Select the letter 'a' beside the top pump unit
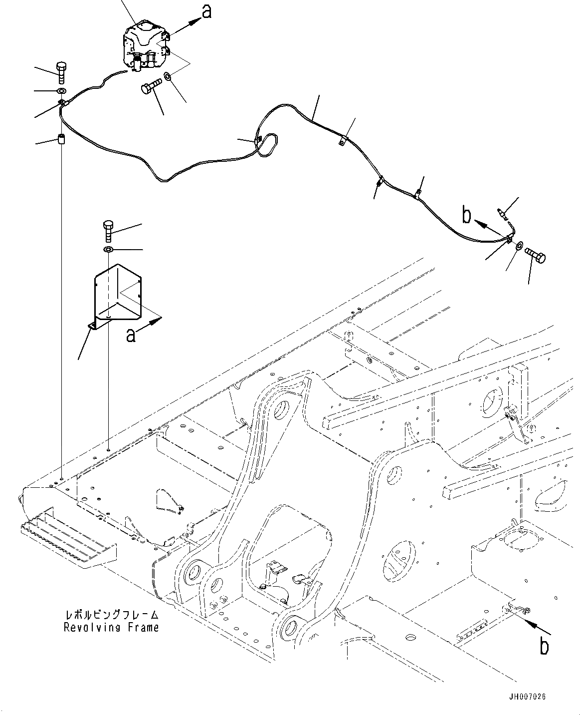click(x=207, y=12)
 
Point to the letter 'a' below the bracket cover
click(x=131, y=335)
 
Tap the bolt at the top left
click(x=61, y=72)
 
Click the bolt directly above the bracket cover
click(x=108, y=231)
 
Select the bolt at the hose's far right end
click(x=536, y=257)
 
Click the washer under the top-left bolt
click(x=61, y=91)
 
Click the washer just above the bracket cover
click(x=108, y=250)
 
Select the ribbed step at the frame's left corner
click(x=69, y=544)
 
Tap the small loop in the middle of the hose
click(x=267, y=145)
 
